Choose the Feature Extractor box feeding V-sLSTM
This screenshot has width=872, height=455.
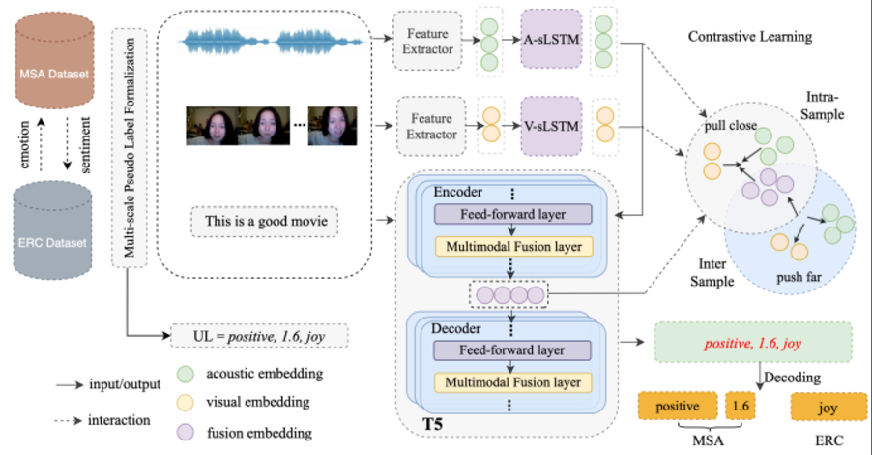[x=426, y=126]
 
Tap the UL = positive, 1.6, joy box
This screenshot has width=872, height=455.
[x=258, y=338]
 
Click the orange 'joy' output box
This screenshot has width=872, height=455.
[x=828, y=408]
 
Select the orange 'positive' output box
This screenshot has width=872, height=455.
[x=682, y=408]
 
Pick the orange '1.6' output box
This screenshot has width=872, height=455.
[x=741, y=408]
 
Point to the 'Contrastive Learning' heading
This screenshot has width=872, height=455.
[x=749, y=37]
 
